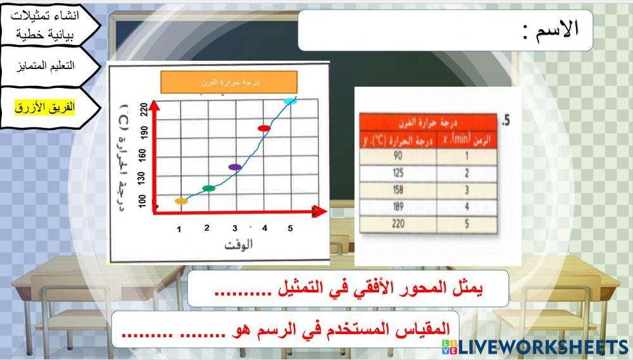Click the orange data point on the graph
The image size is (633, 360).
tap(181, 201)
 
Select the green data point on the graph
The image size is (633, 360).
tap(208, 188)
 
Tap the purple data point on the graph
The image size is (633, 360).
tap(235, 167)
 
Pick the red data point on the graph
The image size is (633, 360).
tap(264, 128)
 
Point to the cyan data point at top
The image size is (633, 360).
tap(290, 101)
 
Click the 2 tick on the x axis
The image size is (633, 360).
tap(207, 228)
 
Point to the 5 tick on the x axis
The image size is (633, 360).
tap(290, 228)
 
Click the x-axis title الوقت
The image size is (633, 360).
tap(238, 245)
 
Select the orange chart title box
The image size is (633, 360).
tap(229, 82)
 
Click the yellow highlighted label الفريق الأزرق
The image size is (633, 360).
tap(45, 108)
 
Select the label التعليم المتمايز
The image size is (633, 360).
tap(48, 66)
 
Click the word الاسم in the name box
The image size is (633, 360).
tap(557, 30)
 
